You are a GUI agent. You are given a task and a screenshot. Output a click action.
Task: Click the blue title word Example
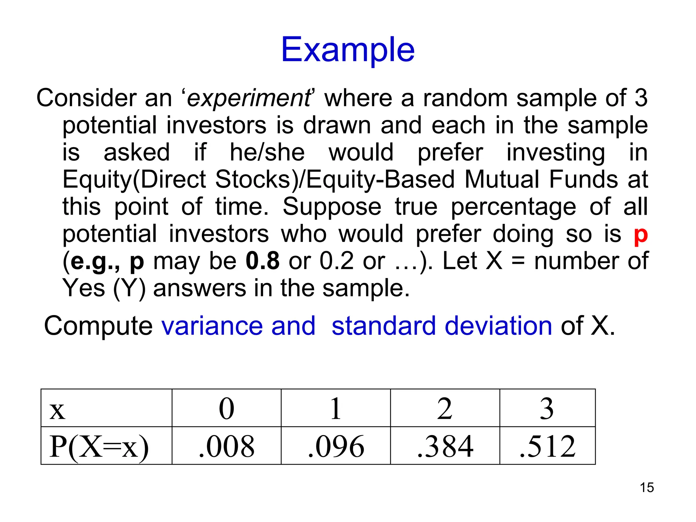348,50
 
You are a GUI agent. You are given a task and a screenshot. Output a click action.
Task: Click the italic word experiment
248,98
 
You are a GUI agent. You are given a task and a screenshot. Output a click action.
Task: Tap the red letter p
641,234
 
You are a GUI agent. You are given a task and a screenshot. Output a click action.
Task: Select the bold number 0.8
262,261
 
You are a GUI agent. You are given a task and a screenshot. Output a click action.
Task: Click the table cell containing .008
227,446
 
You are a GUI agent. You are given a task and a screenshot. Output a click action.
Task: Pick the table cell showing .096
336,446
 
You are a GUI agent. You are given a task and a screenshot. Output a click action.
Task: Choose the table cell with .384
445,446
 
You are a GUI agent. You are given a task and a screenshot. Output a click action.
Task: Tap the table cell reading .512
547,446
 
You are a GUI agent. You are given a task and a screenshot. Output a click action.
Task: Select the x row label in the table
57,410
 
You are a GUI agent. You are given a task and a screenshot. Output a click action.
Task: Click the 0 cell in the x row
227,408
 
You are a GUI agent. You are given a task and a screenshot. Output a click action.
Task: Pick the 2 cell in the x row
445,408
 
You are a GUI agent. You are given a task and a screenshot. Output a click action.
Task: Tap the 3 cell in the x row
547,408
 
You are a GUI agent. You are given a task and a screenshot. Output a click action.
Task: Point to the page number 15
647,487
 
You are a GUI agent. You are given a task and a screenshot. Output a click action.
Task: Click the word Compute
98,326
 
